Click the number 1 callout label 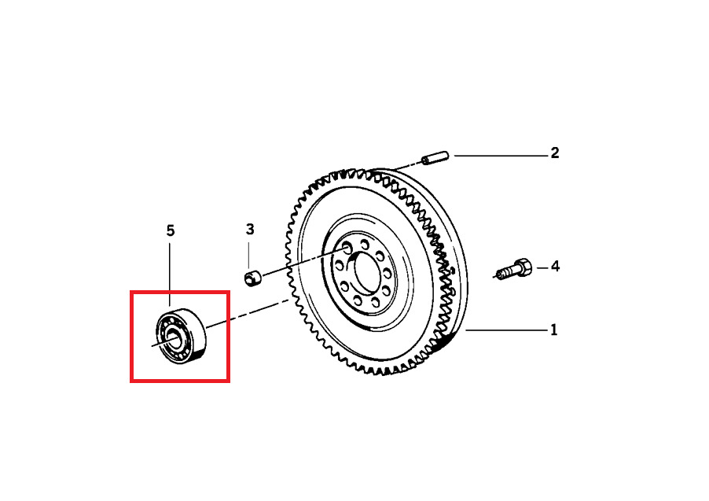(554, 330)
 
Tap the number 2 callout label (554, 153)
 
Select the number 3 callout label (250, 230)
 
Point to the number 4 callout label (555, 267)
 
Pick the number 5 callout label (170, 230)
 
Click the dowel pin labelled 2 (435, 158)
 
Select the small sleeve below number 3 (253, 278)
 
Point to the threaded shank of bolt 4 (505, 272)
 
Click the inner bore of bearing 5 (173, 337)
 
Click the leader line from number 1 (506, 330)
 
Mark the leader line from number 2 (501, 156)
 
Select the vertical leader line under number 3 (248, 255)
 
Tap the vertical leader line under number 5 (170, 274)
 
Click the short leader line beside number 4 (542, 268)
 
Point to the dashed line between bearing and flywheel (248, 313)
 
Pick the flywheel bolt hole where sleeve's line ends (347, 248)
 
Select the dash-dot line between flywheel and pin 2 (409, 165)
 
